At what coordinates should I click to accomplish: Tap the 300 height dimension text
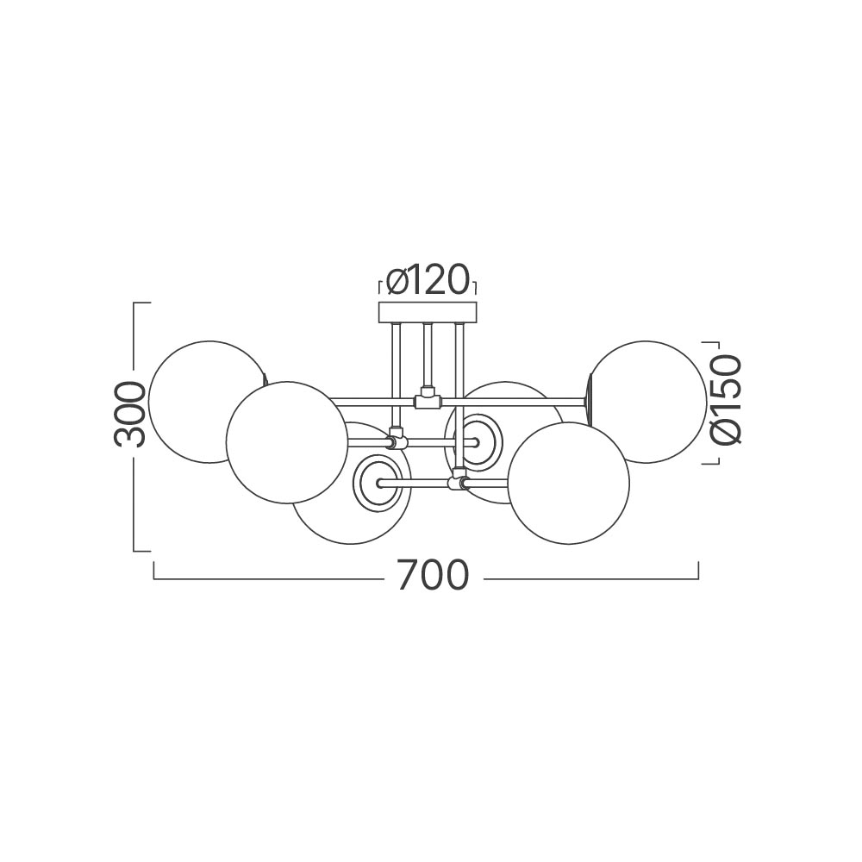tap(130, 414)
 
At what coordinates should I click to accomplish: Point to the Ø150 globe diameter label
tap(726, 399)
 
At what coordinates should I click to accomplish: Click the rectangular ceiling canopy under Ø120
tap(428, 311)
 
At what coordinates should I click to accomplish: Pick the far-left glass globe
tap(209, 402)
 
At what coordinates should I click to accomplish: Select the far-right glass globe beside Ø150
tap(646, 402)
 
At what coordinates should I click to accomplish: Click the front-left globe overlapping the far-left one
tap(287, 442)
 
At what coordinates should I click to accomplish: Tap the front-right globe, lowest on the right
tap(568, 484)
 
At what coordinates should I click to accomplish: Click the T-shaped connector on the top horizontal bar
tap(428, 398)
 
